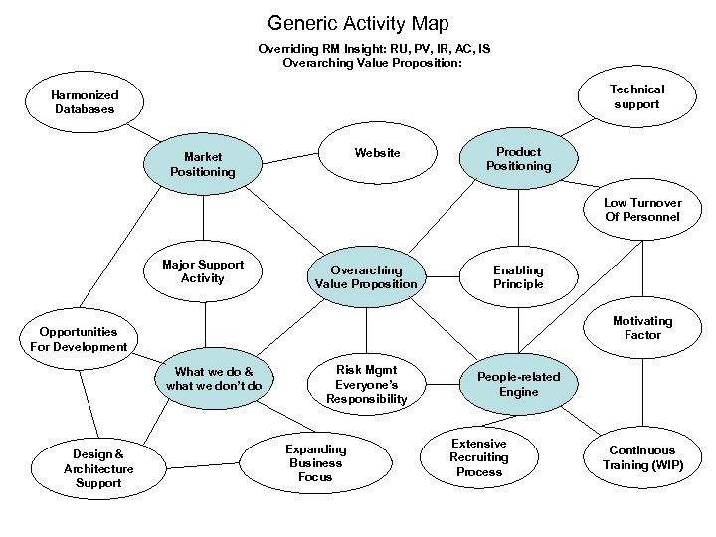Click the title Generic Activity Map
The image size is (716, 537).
pos(358,22)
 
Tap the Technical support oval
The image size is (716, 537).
pos(637,96)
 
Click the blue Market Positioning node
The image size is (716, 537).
pos(203,164)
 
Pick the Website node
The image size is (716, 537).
pos(378,153)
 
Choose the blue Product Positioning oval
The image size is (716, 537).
pos(519,159)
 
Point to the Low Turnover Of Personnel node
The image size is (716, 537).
pos(641,210)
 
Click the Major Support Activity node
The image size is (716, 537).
pos(203,271)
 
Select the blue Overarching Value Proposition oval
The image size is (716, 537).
pos(366,277)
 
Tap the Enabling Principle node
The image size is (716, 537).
pos(518,277)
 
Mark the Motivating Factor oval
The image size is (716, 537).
pos(641,329)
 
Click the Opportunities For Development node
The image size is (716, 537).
pos(79,339)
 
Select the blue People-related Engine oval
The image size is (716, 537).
pos(518,384)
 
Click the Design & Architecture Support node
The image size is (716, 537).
pos(98,468)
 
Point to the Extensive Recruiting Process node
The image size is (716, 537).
pos(479,457)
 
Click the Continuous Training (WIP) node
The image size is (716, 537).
pos(641,457)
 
